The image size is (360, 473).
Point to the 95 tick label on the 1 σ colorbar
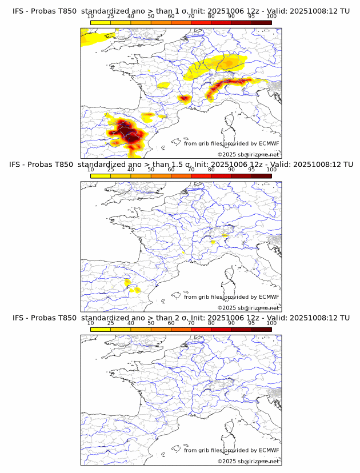coord(251,16)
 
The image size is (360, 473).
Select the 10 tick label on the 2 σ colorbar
coord(90,323)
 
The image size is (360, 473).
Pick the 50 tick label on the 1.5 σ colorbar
coord(150,170)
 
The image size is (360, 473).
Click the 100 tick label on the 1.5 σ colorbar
coord(271,170)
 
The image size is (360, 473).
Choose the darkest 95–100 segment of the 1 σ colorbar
coord(261,22)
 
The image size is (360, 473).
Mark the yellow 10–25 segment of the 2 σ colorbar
coord(101,329)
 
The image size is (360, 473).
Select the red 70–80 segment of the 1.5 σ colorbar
coord(201,176)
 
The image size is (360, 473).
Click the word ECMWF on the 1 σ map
coord(269,143)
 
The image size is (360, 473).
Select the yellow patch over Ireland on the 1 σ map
coord(94,39)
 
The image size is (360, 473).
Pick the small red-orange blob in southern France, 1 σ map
coord(184,99)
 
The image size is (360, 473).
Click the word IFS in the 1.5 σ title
coord(18,165)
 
